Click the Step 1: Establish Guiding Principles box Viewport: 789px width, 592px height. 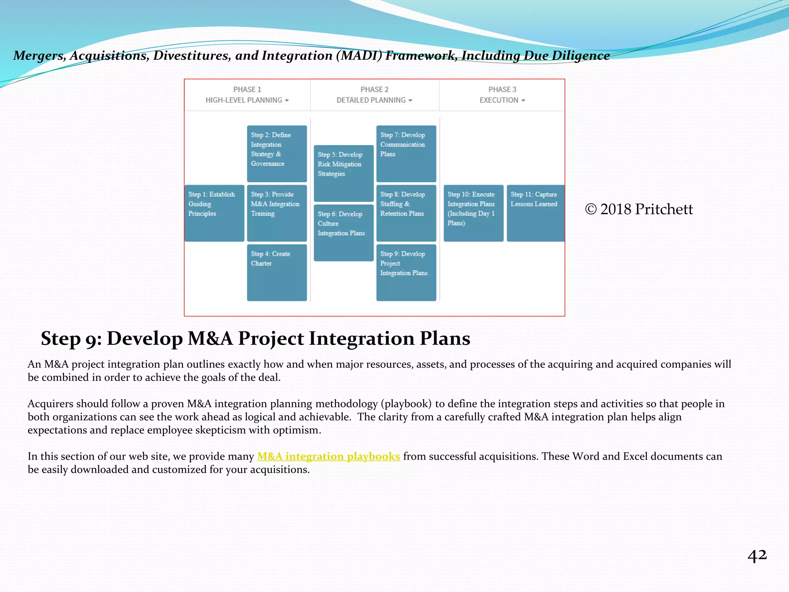[214, 213]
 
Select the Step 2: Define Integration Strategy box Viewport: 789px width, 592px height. [277, 153]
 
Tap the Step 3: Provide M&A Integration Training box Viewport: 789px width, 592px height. [277, 213]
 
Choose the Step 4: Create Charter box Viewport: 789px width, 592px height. [277, 272]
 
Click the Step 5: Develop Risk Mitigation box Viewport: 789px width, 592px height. [343, 173]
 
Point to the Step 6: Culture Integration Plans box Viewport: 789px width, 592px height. [343, 232]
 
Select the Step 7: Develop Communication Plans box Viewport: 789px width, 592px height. [406, 153]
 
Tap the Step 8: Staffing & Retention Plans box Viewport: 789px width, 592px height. [406, 213]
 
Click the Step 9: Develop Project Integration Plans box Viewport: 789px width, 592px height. [406, 272]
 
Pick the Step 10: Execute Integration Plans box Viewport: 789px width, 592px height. [473, 213]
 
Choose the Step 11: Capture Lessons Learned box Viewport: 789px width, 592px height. [535, 213]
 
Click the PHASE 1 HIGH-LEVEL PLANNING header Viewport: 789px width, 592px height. [247, 95]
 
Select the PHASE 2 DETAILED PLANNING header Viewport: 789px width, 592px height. [374, 95]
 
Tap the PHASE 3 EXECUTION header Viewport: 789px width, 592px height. [502, 95]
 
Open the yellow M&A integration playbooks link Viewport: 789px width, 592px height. [328, 456]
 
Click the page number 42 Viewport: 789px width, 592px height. [757, 556]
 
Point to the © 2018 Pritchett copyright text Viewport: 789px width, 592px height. [639, 209]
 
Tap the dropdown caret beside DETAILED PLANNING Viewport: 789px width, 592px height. [410, 101]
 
